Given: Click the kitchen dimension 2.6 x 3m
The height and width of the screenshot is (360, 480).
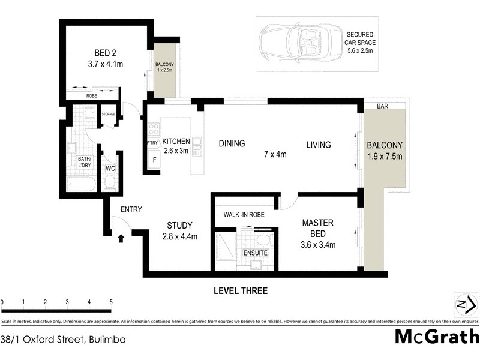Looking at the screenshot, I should pos(176,151).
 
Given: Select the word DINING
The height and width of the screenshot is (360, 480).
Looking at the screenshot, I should pos(232,143).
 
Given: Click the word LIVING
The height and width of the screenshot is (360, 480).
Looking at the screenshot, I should pos(319,145).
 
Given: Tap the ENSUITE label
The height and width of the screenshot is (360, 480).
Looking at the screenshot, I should pos(255,253).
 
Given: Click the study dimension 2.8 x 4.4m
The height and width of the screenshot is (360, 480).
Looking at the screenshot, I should pos(179,236).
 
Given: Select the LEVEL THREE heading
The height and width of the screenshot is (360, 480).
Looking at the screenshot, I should pos(241,291).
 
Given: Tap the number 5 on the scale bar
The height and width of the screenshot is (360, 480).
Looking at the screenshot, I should pos(111,302).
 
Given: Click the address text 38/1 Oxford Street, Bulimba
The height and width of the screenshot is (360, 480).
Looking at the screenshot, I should pos(63,339).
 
